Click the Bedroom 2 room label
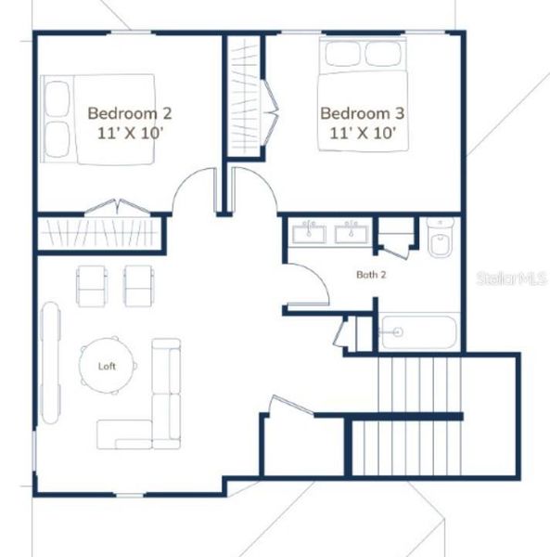coord(130,113)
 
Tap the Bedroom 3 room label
coord(363,113)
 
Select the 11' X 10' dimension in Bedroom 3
coord(364,133)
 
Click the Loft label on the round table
coord(109,365)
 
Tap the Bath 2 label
coord(371,275)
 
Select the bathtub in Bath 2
coord(419,331)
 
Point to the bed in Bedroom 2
coord(98,119)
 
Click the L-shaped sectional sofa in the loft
coord(159,408)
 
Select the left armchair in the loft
coord(92,285)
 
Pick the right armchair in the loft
coord(140,285)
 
